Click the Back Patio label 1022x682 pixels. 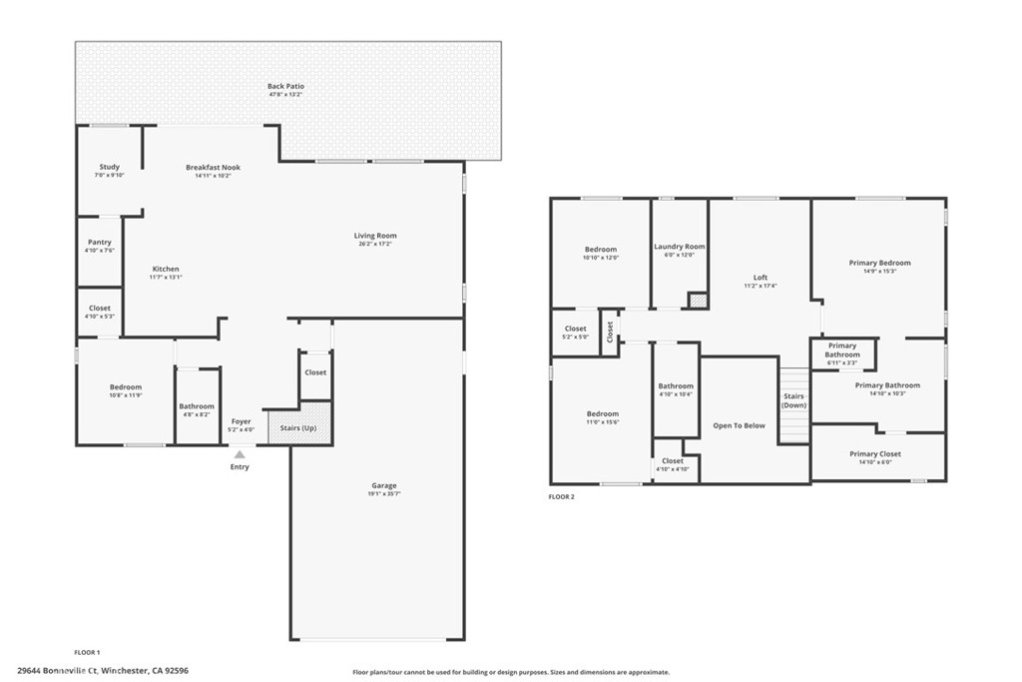[x=285, y=87]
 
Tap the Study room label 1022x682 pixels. [x=110, y=167]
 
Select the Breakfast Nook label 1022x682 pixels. [x=213, y=167]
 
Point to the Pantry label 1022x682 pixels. [x=100, y=242]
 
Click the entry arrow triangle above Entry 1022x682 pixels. [x=240, y=454]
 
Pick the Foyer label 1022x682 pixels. [x=242, y=421]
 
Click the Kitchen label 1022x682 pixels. [x=166, y=269]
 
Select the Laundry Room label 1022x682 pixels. [x=680, y=247]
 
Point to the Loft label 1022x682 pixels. [x=761, y=278]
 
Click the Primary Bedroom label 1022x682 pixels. [x=879, y=263]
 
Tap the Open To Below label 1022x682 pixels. [x=739, y=425]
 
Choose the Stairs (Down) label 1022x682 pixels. [x=794, y=400]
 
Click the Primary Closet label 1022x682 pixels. [x=875, y=453]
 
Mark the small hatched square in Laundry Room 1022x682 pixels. [x=698, y=300]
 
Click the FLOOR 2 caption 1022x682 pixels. [x=562, y=496]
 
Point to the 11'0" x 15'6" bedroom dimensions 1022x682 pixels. [x=602, y=422]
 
